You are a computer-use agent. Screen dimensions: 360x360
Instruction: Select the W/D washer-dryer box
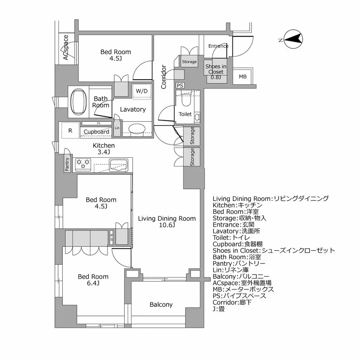pyautogui.click(x=142, y=91)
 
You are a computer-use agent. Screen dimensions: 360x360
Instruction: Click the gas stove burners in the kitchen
pyautogui.click(x=83, y=164)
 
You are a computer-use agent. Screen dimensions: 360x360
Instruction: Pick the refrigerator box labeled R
pyautogui.click(x=70, y=130)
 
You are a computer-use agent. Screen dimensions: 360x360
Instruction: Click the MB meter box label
pyautogui.click(x=243, y=77)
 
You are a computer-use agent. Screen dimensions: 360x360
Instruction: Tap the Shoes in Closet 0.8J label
pyautogui.click(x=216, y=71)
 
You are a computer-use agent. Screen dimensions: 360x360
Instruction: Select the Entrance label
pyautogui.click(x=218, y=46)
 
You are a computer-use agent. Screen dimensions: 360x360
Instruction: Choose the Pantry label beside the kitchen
pyautogui.click(x=67, y=164)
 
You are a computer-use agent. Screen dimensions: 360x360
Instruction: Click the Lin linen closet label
pyautogui.click(x=117, y=128)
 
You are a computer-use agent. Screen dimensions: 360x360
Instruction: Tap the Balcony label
pyautogui.click(x=161, y=305)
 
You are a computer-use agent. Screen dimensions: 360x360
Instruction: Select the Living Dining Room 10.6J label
pyautogui.click(x=166, y=222)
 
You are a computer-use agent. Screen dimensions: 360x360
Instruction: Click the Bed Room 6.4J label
pyautogui.click(x=93, y=280)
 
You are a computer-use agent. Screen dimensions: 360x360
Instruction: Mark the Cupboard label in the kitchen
pyautogui.click(x=96, y=132)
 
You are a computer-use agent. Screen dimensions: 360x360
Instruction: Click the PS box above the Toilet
pyautogui.click(x=180, y=85)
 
